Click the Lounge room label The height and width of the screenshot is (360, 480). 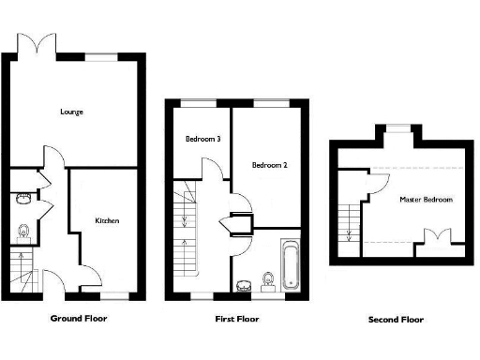pyautogui.click(x=71, y=112)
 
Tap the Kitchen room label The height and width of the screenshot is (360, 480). pyautogui.click(x=106, y=221)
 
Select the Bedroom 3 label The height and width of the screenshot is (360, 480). pyautogui.click(x=202, y=139)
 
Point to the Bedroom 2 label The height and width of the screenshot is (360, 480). pyautogui.click(x=269, y=165)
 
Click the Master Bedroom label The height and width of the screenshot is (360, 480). pyautogui.click(x=426, y=200)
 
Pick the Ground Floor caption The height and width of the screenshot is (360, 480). pyautogui.click(x=78, y=319)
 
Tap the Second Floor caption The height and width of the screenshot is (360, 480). pyautogui.click(x=396, y=320)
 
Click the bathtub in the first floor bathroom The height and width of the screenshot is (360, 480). pyautogui.click(x=290, y=264)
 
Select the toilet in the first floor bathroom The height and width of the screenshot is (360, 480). pyautogui.click(x=269, y=279)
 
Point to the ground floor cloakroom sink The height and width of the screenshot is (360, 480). pyautogui.click(x=22, y=198)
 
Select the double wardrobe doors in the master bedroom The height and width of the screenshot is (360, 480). pyautogui.click(x=432, y=236)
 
